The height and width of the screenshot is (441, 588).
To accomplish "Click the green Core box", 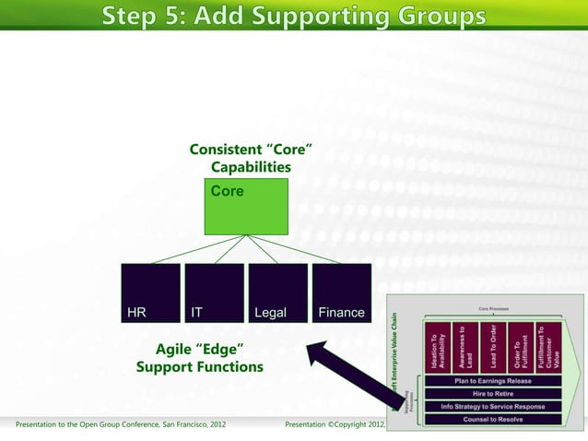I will (x=246, y=206).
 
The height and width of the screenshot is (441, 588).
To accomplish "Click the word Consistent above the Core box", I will (x=225, y=149).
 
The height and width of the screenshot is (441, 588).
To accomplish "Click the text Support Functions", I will (x=200, y=367).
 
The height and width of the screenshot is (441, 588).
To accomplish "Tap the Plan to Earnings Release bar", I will (x=492, y=379).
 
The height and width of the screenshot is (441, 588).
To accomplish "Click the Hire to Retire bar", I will (x=492, y=392).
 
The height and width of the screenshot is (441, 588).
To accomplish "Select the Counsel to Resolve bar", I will (x=492, y=419).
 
